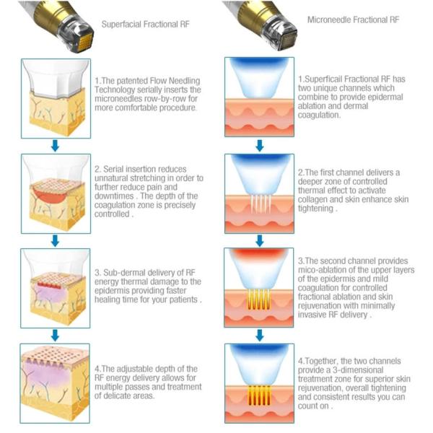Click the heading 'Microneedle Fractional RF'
[353, 19]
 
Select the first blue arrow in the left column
[55, 146]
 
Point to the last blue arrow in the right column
[260, 334]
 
